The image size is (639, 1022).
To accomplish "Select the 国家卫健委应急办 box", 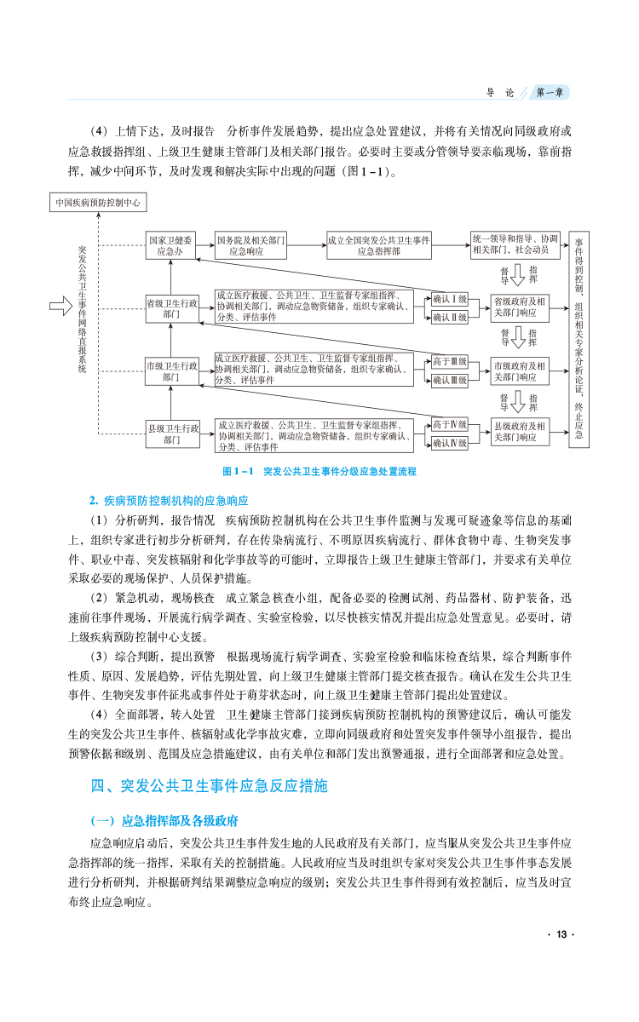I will click(x=171, y=245).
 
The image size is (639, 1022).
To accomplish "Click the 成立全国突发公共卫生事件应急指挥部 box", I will click(x=379, y=245).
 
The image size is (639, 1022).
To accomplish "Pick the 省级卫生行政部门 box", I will click(x=171, y=307).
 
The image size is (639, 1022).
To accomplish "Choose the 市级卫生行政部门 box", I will click(x=171, y=370).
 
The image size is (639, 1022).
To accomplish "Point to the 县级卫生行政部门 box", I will click(x=171, y=433).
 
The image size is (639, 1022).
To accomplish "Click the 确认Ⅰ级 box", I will click(x=449, y=299).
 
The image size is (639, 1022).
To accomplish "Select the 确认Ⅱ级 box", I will click(x=449, y=317).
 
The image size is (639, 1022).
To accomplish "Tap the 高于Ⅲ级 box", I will click(x=449, y=362).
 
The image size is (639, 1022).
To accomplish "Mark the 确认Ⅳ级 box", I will click(x=449, y=443).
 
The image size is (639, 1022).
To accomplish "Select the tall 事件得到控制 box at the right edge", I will click(x=579, y=340).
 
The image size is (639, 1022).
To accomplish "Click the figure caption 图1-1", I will click(x=319, y=471).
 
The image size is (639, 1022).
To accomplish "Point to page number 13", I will click(x=560, y=935).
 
